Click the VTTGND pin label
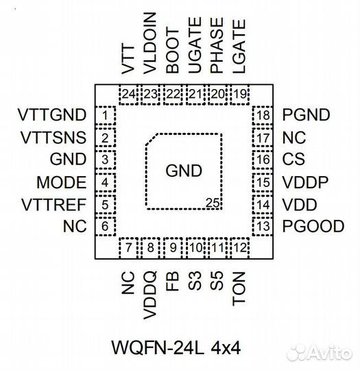point(45,114)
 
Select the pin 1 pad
point(105,115)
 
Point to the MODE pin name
point(62,182)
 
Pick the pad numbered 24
point(128,95)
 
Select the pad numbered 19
point(239,95)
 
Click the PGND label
point(305,115)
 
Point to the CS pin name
point(293,160)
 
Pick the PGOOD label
point(312,226)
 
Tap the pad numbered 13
point(263,226)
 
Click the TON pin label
point(239,288)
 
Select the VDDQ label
point(150,294)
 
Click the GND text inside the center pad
point(184,171)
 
